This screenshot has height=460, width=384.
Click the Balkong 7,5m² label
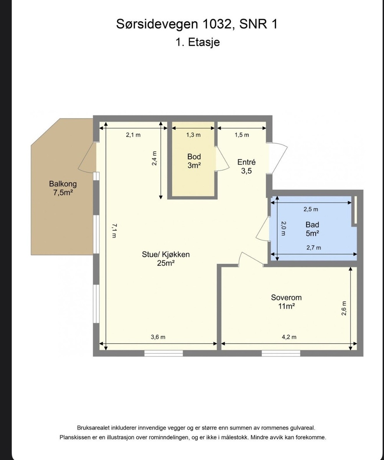[x=63, y=188]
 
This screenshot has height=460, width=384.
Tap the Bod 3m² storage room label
[x=194, y=161]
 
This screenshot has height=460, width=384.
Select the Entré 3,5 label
[x=246, y=166]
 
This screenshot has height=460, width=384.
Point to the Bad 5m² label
[x=312, y=229]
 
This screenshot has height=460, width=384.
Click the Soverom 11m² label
[x=286, y=302]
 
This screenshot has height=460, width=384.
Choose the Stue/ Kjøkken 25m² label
[x=166, y=259]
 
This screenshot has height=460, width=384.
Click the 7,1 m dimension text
[x=114, y=231]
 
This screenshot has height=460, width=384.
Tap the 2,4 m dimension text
[x=154, y=158]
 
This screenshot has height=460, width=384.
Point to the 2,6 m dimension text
[x=344, y=308]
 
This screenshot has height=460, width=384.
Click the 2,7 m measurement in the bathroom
[x=314, y=248]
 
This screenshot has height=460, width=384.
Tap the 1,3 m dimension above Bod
[x=193, y=135]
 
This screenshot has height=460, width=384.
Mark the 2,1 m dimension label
[x=133, y=135]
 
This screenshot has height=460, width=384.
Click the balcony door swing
[x=87, y=158]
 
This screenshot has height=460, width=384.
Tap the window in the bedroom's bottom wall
[x=281, y=353]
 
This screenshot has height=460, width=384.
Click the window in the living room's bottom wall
[x=163, y=353]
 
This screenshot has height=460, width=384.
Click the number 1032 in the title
[x=216, y=24]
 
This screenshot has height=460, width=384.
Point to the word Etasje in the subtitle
[x=204, y=42]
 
